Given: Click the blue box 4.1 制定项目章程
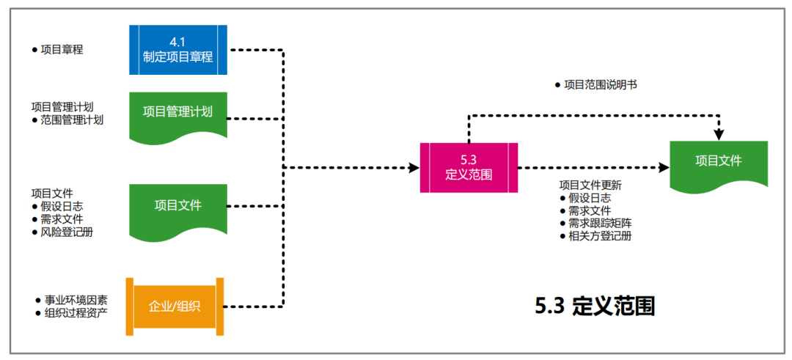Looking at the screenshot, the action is pyautogui.click(x=178, y=50).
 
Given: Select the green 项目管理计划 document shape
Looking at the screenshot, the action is pyautogui.click(x=178, y=114).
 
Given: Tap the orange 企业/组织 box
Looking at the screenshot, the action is pyautogui.click(x=175, y=306).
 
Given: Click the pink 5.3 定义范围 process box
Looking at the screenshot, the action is pyautogui.click(x=469, y=168).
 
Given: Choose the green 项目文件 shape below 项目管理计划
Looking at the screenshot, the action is pyautogui.click(x=178, y=207).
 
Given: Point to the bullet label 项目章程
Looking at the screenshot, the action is pyautogui.click(x=62, y=50).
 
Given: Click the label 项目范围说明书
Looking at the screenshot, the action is pyautogui.click(x=600, y=85).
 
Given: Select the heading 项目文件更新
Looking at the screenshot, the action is pyautogui.click(x=590, y=185).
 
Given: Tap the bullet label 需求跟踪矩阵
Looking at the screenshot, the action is pyautogui.click(x=601, y=224).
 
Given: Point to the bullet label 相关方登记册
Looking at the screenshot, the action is pyautogui.click(x=601, y=236).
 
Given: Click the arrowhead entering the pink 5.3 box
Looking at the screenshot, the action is pyautogui.click(x=414, y=168).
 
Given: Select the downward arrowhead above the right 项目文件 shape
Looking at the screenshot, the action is pyautogui.click(x=719, y=135).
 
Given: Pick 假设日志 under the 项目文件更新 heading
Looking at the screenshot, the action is pyautogui.click(x=590, y=198).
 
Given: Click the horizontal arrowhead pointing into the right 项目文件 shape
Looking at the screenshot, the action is pyautogui.click(x=664, y=168).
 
